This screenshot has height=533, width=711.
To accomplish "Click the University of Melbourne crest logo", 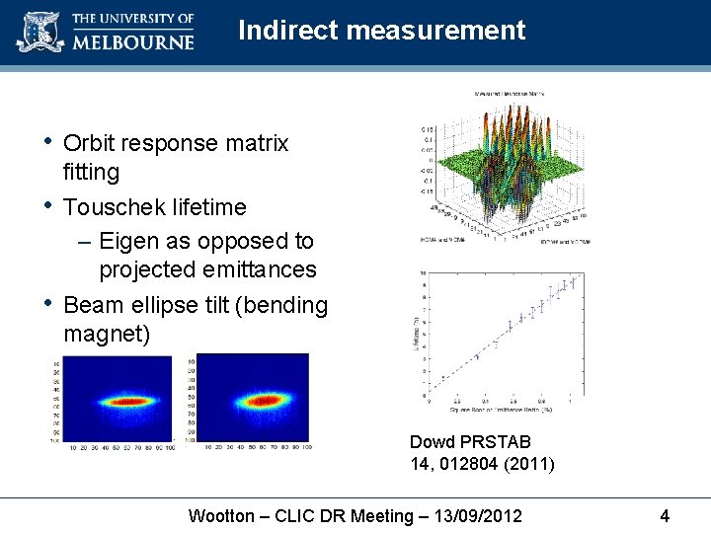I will pyautogui.click(x=39, y=32).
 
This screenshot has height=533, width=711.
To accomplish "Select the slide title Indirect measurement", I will pyautogui.click(x=381, y=31).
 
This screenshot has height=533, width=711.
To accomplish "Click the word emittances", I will pyautogui.click(x=261, y=269).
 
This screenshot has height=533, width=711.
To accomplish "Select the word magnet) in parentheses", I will pyautogui.click(x=107, y=335).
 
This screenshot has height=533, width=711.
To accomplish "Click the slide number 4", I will pyautogui.click(x=665, y=515).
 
